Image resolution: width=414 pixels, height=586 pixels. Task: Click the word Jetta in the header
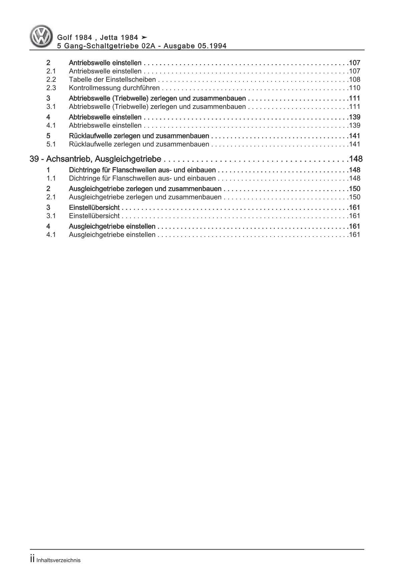click(x=107, y=37)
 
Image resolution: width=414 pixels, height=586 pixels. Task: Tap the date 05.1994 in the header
click(x=213, y=46)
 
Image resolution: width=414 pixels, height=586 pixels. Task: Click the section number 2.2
click(x=51, y=80)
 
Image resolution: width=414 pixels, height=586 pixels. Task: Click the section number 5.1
click(x=51, y=144)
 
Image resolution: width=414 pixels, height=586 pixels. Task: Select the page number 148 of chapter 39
click(x=355, y=159)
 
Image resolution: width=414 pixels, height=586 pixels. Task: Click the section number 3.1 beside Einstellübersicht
click(x=51, y=216)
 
